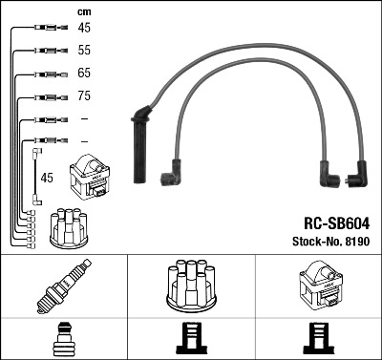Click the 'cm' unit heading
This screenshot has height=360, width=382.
tap(84, 12)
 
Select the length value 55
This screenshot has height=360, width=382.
tap(84, 50)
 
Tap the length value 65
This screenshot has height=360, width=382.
tap(84, 73)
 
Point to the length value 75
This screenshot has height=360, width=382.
tap(84, 95)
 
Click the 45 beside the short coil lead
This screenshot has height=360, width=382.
tap(47, 178)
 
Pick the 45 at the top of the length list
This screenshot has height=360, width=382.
tap(84, 28)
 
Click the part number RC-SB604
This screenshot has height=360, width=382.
tap(337, 223)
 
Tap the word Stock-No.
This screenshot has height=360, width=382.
tap(317, 242)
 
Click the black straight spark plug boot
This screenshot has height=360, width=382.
tap(140, 145)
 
